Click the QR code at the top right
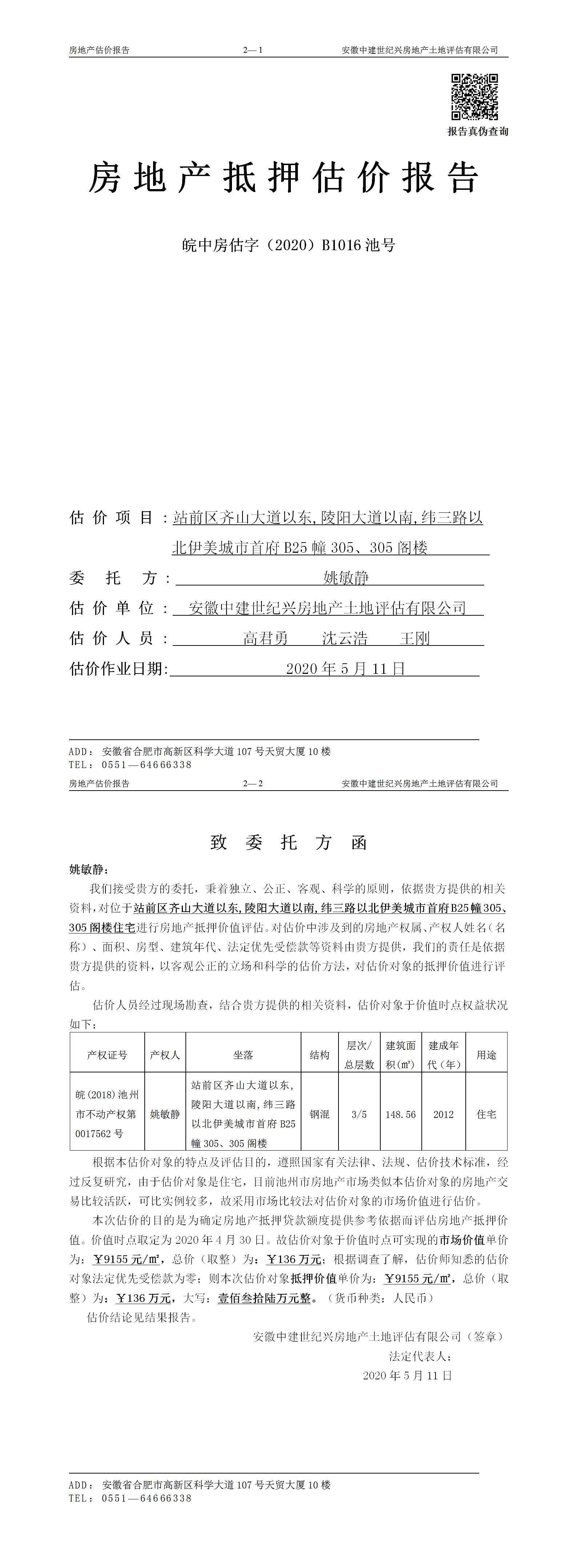click(x=474, y=97)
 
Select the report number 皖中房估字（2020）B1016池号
click(x=288, y=245)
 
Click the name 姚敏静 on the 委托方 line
click(x=346, y=578)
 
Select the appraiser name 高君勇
click(x=265, y=638)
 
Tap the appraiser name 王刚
click(x=415, y=638)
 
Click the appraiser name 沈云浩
click(x=345, y=638)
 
